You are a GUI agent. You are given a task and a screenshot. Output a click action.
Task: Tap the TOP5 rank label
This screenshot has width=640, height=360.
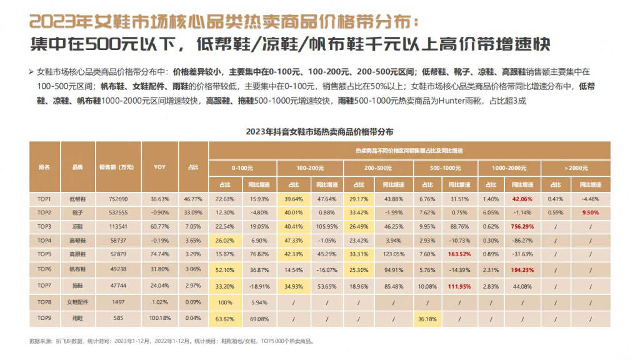(44, 254)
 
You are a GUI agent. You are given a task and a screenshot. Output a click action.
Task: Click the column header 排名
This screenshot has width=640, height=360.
(44, 167)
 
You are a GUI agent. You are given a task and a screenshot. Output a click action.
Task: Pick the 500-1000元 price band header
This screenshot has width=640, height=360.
(445, 168)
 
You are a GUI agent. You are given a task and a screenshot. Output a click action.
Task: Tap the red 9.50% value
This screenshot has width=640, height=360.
(590, 212)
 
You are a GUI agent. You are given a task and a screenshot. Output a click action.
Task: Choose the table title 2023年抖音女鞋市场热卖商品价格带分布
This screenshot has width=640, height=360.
(319, 132)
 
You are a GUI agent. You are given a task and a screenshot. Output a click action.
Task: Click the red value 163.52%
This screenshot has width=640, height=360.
(459, 254)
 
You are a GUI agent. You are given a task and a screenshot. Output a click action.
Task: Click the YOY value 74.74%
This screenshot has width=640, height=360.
(159, 254)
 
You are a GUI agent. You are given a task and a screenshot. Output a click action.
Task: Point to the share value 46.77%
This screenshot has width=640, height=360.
(193, 199)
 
